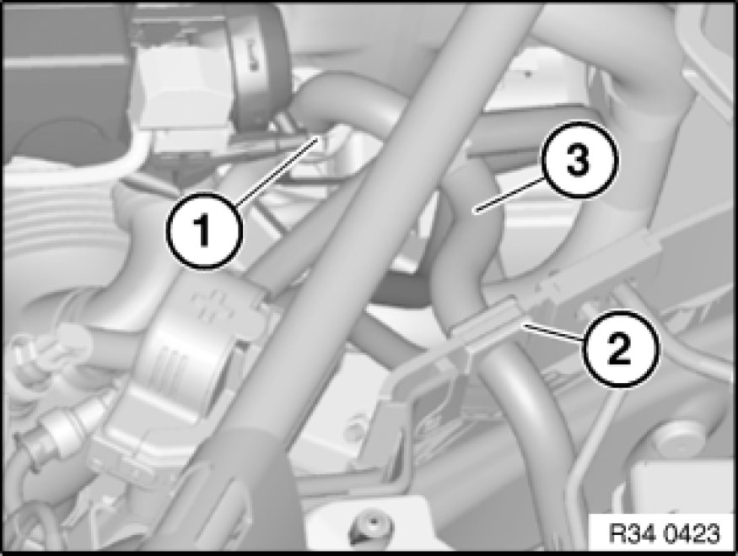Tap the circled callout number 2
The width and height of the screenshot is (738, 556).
click(619, 349)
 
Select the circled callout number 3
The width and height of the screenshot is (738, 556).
click(578, 160)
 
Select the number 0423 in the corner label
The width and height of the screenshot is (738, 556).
click(692, 533)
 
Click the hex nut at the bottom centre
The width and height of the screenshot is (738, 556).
click(373, 526)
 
